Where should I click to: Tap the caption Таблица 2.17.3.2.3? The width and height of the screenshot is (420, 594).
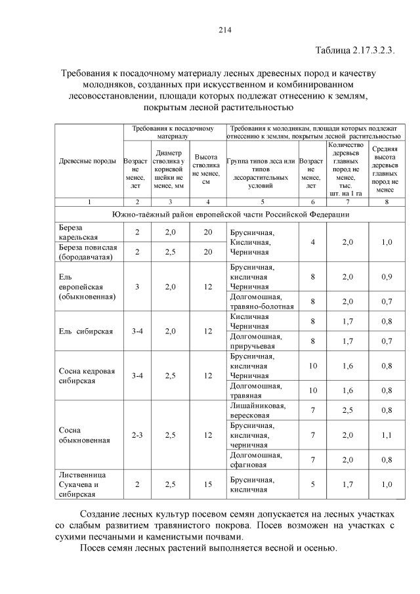click(354, 51)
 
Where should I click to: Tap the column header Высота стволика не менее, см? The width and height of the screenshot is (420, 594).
click(207, 169)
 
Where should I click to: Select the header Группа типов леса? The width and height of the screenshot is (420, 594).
click(261, 169)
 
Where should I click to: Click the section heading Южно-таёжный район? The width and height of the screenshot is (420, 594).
click(229, 214)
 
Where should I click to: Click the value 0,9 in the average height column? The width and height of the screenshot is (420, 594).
click(387, 276)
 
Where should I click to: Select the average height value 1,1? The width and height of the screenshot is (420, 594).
click(387, 435)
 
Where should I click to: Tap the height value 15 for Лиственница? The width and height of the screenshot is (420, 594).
click(207, 484)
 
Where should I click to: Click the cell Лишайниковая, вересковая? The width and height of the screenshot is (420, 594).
click(258, 410)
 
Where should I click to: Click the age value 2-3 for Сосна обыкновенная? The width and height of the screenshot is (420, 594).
click(136, 435)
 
